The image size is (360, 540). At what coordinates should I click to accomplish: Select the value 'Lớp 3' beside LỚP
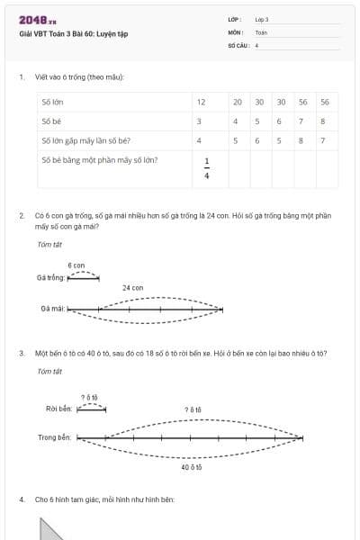pyautogui.click(x=262, y=19)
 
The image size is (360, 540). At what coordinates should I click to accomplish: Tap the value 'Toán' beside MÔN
pyautogui.click(x=261, y=31)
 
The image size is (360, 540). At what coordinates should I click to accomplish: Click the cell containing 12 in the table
pyautogui.click(x=201, y=102)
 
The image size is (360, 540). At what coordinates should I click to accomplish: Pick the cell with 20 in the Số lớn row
pyautogui.click(x=236, y=102)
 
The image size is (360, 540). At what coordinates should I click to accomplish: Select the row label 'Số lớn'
pyautogui.click(x=52, y=102)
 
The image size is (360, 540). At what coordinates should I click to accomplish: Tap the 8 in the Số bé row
pyautogui.click(x=323, y=121)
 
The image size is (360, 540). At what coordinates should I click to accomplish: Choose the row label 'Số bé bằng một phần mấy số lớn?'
pyautogui.click(x=100, y=160)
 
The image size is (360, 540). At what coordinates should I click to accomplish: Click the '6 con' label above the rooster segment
pyautogui.click(x=76, y=265)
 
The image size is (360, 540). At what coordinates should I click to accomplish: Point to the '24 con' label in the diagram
pyautogui.click(x=132, y=288)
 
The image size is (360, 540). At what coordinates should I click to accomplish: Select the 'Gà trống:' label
pyautogui.click(x=51, y=278)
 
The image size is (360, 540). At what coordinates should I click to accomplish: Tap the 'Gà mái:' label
pyautogui.click(x=51, y=309)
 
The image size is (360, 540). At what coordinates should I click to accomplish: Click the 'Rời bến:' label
pyautogui.click(x=58, y=408)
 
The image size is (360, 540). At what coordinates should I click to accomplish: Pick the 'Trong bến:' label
pyautogui.click(x=55, y=438)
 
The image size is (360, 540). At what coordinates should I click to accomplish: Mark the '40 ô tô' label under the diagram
pyautogui.click(x=190, y=468)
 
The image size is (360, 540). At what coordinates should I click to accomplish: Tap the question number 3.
pyautogui.click(x=22, y=353)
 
